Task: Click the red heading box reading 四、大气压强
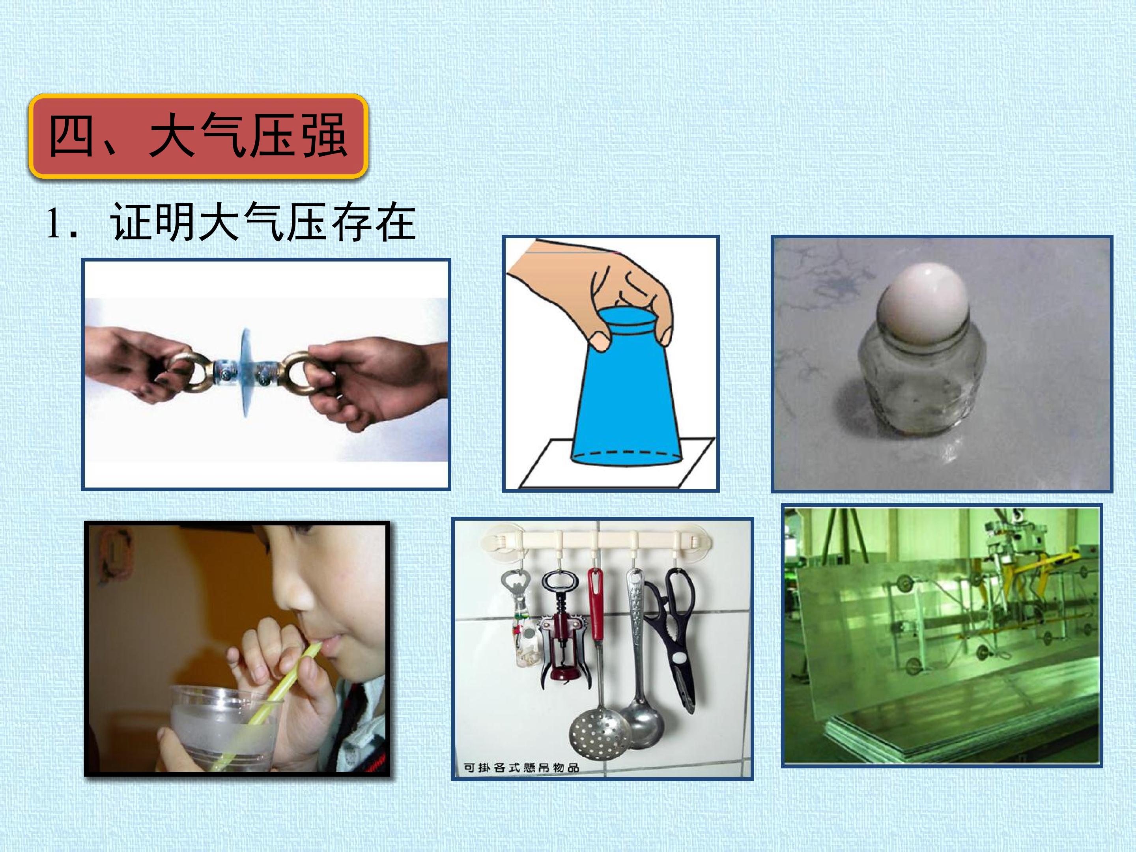pyautogui.click(x=198, y=136)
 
